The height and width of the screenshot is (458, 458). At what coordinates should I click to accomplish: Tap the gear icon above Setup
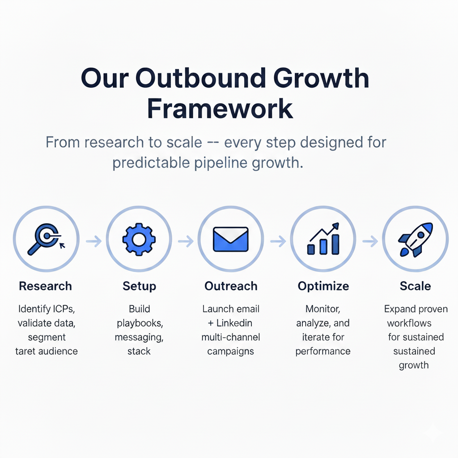pos(139,240)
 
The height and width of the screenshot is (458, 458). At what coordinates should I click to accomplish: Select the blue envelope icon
pos(231,239)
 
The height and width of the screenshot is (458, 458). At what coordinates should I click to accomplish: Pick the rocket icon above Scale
pos(416,240)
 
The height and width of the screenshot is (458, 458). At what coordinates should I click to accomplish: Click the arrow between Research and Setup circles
pos(93,241)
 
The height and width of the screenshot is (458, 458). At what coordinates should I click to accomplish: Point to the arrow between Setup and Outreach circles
pos(186,241)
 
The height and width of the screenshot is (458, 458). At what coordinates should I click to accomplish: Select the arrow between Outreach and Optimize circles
pos(278,241)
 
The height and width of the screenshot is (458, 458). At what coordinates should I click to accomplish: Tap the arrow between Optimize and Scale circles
pos(370,241)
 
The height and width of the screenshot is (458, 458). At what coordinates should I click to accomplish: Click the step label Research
pos(45,286)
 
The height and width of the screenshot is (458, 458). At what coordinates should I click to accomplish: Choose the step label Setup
pos(139,286)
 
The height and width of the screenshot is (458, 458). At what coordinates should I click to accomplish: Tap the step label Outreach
pos(231,286)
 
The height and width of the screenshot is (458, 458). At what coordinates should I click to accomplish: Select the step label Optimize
pos(323,286)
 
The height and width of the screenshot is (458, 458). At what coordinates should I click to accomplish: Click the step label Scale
pos(416,286)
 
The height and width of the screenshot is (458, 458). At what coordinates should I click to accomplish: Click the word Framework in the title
pos(220,109)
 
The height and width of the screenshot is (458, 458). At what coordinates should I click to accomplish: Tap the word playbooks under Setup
pos(139,323)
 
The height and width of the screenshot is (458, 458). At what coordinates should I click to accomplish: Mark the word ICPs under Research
pos(62,309)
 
